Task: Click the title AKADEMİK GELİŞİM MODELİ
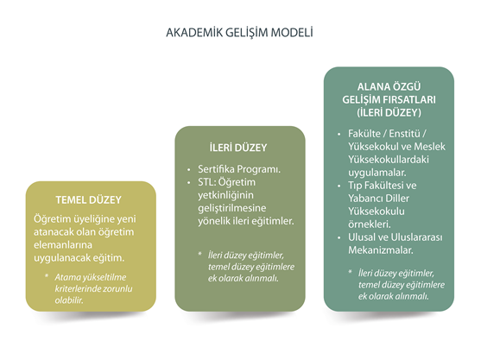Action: click(239, 32)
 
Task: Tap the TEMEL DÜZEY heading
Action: click(89, 200)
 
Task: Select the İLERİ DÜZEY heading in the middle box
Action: click(238, 148)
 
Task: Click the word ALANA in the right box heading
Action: click(372, 87)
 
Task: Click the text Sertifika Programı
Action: click(239, 169)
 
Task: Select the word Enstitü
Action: click(405, 134)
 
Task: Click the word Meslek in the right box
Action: click(429, 147)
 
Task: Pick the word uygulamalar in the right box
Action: click(377, 173)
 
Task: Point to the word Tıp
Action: click(355, 186)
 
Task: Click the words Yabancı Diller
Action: click(378, 199)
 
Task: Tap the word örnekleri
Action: click(370, 224)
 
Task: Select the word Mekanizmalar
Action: click(381, 249)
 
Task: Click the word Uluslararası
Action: click(416, 237)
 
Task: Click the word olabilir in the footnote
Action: click(69, 300)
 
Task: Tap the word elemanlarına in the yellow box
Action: click(63, 245)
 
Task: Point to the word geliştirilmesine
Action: click(232, 208)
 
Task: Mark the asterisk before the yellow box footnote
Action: click(47, 275)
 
